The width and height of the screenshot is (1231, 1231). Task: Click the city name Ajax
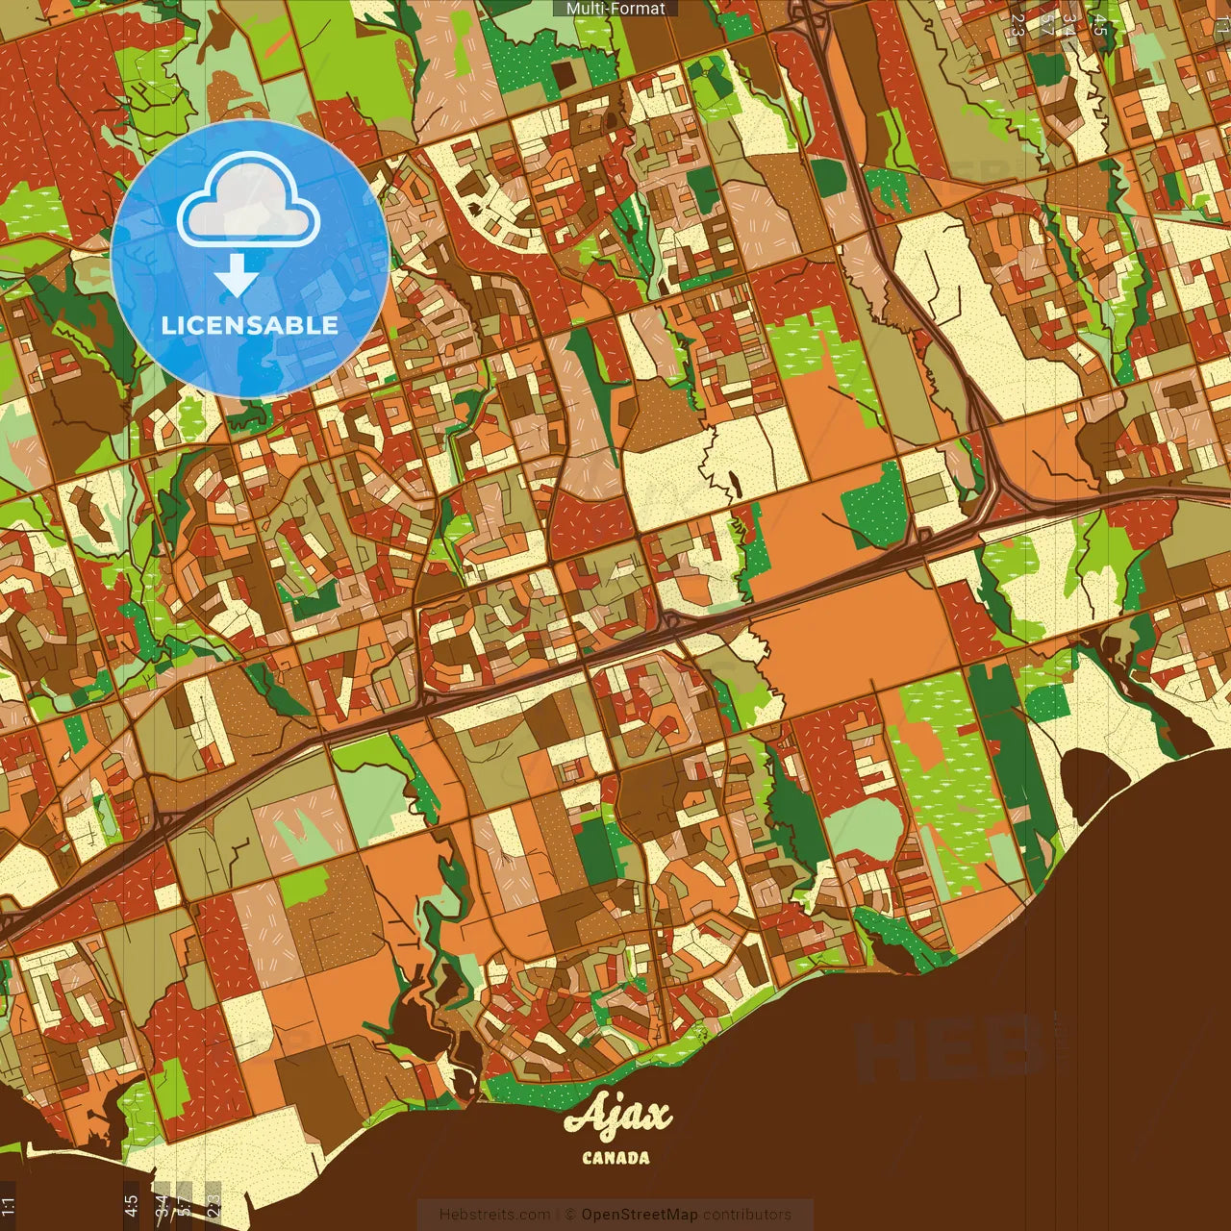pos(617,1117)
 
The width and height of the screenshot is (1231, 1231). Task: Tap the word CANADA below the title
pos(615,1158)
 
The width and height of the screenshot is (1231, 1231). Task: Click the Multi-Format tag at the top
pos(615,9)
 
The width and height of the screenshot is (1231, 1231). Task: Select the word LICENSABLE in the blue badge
pos(250,325)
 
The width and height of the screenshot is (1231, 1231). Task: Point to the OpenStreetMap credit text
pos(640,1215)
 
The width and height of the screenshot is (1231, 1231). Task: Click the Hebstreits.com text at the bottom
pos(494,1215)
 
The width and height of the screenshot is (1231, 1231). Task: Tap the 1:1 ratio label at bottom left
pos(9,1206)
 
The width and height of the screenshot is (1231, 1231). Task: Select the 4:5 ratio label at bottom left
pos(131,1206)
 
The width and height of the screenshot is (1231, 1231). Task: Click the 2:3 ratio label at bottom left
pos(214,1206)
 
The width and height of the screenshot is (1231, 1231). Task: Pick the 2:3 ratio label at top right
pos(1017,25)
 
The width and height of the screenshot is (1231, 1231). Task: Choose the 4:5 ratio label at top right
pos(1100,25)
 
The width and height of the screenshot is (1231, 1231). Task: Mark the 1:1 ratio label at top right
pos(1222,25)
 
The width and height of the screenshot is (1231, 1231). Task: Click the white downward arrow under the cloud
pos(236,277)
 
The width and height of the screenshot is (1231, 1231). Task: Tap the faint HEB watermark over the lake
pos(947,1048)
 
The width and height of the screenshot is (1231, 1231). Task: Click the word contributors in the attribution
pos(747,1215)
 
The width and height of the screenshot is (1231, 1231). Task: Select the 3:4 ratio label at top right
pos(1069,25)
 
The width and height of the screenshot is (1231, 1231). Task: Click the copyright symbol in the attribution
pos(570,1215)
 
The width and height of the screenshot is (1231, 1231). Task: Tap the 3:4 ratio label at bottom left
pos(162,1206)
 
